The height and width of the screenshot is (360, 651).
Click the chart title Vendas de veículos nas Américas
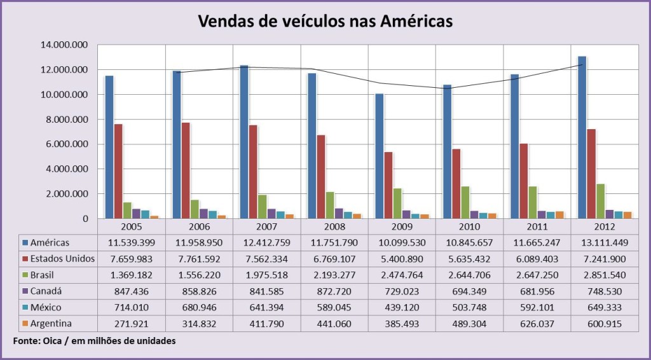pyautogui.click(x=325, y=20)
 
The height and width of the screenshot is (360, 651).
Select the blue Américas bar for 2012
pyautogui.click(x=582, y=137)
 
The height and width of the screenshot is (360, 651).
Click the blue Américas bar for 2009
pyautogui.click(x=379, y=156)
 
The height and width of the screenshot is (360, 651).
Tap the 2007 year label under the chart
pyautogui.click(x=266, y=226)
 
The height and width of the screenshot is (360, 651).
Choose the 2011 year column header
pyautogui.click(x=537, y=226)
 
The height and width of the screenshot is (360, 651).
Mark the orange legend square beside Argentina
pyautogui.click(x=25, y=323)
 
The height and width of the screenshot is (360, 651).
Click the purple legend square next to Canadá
pyautogui.click(x=25, y=291)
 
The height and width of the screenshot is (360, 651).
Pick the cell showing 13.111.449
pyautogui.click(x=604, y=242)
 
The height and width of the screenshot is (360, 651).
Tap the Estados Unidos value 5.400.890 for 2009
pyautogui.click(x=402, y=258)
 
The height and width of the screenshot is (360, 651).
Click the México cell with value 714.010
pyautogui.click(x=131, y=307)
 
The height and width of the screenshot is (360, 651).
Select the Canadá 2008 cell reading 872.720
pyautogui.click(x=334, y=291)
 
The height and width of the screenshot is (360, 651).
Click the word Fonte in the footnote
pyautogui.click(x=26, y=342)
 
